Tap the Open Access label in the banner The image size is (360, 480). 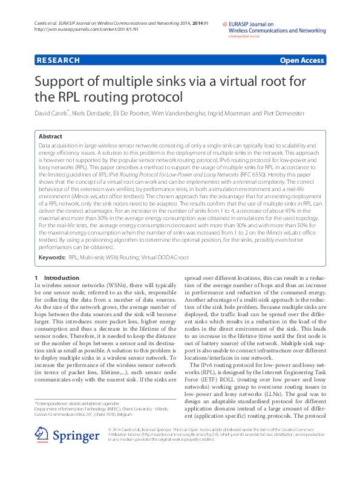pyautogui.click(x=302, y=60)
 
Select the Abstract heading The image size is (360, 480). pyautogui.click(x=50, y=137)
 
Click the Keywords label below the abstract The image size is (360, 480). pyautogui.click(x=52, y=258)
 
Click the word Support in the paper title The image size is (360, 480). pyautogui.click(x=62, y=82)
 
